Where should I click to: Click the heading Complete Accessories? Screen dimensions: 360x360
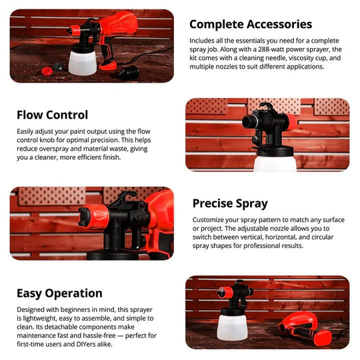click(x=251, y=25)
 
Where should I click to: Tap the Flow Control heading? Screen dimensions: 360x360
click(x=52, y=115)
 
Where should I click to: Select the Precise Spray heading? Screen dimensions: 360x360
click(x=230, y=203)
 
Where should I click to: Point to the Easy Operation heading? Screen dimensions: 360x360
click(x=59, y=293)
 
